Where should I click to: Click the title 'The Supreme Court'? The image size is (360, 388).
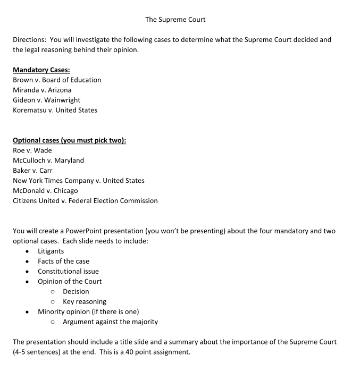(x=175, y=20)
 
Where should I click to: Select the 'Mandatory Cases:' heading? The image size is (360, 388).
(x=41, y=70)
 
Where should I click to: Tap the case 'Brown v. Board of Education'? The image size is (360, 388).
(x=57, y=80)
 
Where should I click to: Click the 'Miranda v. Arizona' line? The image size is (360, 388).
(x=42, y=90)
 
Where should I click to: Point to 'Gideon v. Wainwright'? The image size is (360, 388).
(x=47, y=100)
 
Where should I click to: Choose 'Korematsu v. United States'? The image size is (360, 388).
(x=55, y=110)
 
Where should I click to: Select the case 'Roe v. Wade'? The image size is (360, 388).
(x=32, y=150)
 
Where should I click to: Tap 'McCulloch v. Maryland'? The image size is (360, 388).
(x=48, y=161)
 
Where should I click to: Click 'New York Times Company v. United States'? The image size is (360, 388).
(x=79, y=181)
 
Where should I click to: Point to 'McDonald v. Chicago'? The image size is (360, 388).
(x=45, y=191)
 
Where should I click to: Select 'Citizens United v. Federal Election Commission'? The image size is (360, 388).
(x=85, y=201)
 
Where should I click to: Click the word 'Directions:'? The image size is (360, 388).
(x=31, y=40)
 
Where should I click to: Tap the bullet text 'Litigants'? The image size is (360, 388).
(x=51, y=251)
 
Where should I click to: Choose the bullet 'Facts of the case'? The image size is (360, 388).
(x=63, y=261)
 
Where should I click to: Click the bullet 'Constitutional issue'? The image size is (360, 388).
(x=68, y=271)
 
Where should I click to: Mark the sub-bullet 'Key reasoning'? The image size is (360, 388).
(x=85, y=301)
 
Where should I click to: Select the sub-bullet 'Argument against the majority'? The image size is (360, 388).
(x=110, y=322)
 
